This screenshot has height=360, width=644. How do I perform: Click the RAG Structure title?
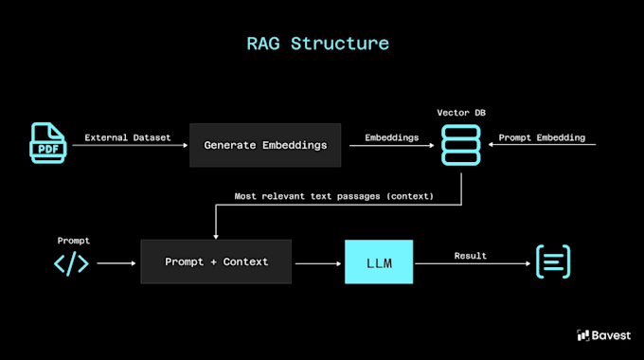317,44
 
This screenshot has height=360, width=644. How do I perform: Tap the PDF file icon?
48,143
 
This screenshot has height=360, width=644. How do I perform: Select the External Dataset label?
127,137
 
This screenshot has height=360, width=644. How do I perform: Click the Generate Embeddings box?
265,145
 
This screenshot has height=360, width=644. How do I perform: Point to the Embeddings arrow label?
392,137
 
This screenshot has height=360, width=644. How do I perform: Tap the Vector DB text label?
461,113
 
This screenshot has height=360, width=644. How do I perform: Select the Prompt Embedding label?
542,137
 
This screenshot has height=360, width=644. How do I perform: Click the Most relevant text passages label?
334,196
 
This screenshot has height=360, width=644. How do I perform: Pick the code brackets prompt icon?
71,263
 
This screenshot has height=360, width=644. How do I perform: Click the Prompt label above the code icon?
74,241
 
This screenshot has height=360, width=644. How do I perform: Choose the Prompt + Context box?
216,261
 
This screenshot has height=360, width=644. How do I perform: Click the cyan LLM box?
379,261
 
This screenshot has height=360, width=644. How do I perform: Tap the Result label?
471,256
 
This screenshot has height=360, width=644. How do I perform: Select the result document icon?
553,261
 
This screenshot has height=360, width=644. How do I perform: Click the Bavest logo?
603,335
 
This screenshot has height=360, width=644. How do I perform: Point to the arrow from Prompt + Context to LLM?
318,263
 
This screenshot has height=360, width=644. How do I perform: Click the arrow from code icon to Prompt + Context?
116,263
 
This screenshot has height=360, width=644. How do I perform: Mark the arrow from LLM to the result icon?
473,263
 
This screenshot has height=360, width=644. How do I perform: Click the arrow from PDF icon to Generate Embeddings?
130,145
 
